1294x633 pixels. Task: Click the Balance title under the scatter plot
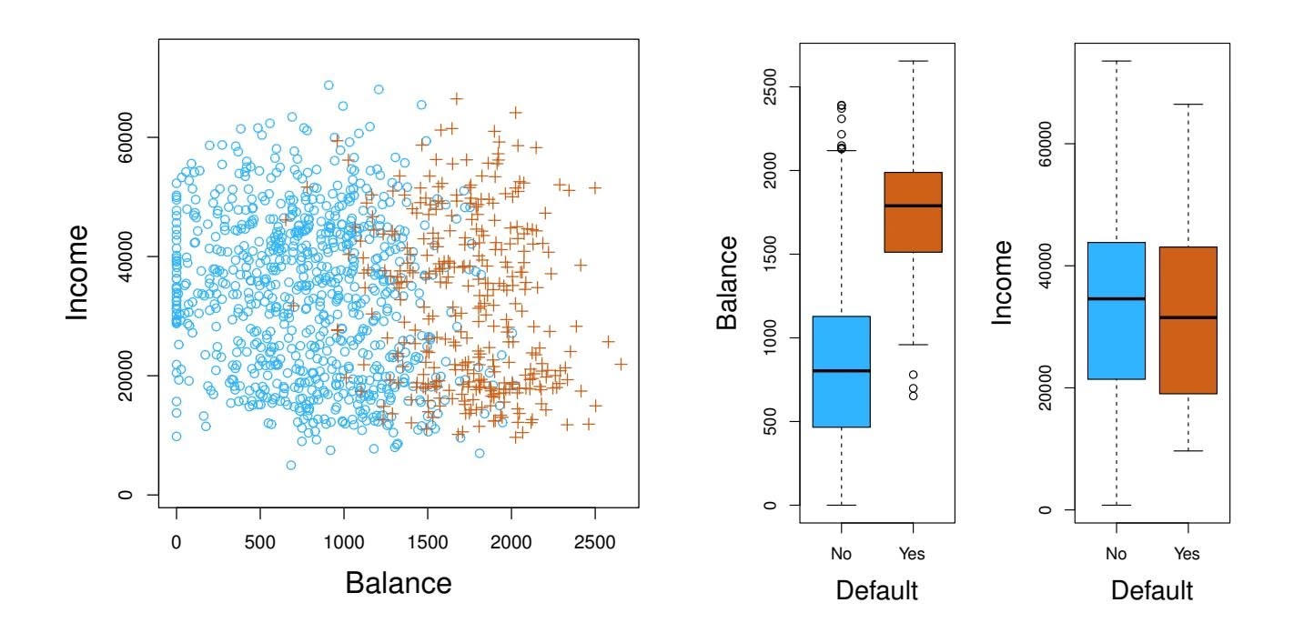pyautogui.click(x=399, y=582)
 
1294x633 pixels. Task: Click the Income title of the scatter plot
pyautogui.click(x=79, y=272)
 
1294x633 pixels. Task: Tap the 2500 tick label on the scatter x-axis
pyautogui.click(x=594, y=540)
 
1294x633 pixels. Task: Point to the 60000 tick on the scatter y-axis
pyautogui.click(x=127, y=137)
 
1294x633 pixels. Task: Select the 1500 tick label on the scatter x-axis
pyautogui.click(x=427, y=540)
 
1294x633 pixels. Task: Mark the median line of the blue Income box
pyautogui.click(x=1116, y=298)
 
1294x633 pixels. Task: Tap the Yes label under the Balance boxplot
pyautogui.click(x=911, y=554)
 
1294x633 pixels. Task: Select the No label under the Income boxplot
pyautogui.click(x=1116, y=554)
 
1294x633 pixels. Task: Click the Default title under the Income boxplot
pyautogui.click(x=1151, y=591)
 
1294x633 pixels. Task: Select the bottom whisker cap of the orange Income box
pyautogui.click(x=1187, y=451)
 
